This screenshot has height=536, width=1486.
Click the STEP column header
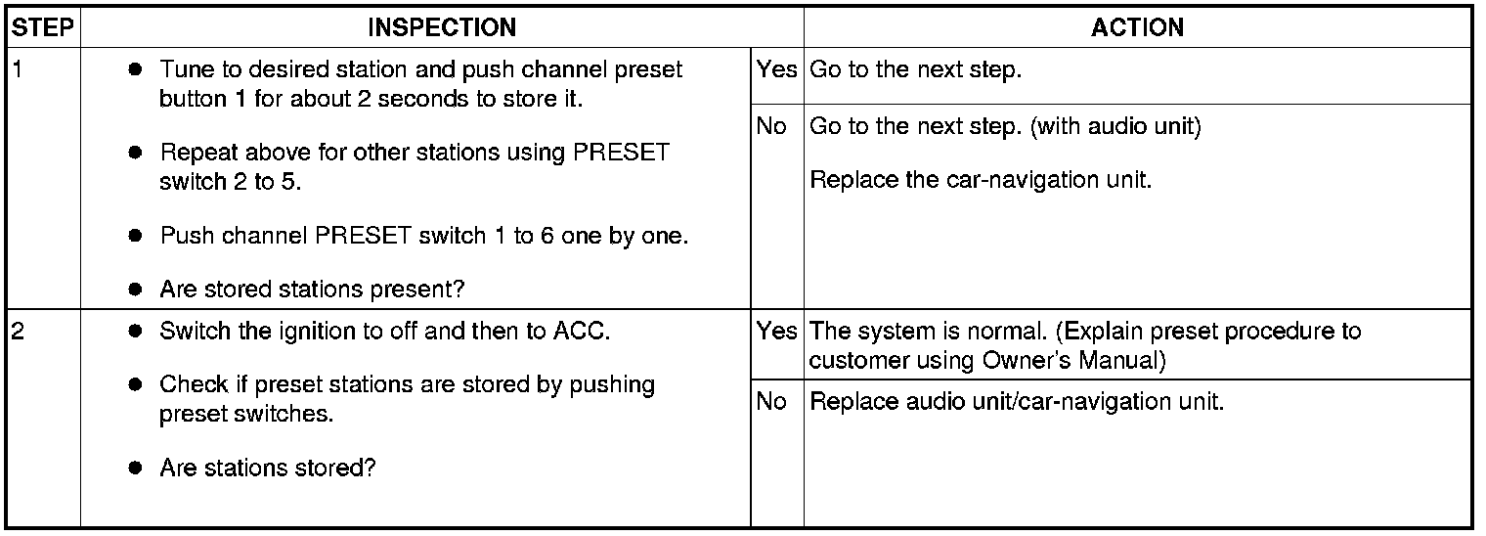43,28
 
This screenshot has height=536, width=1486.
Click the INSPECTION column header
442,28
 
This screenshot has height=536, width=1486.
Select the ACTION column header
1137,28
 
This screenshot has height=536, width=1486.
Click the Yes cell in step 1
776,71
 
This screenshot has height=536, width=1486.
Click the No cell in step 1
771,127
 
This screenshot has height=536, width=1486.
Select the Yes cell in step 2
776,332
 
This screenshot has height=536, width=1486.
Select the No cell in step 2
771,402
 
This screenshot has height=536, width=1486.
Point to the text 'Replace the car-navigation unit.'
982,181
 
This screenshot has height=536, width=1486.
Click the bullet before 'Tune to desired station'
136,70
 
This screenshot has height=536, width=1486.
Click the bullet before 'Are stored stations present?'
136,290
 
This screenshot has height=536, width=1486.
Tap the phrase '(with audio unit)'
1115,127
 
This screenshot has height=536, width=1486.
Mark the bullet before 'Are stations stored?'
136,469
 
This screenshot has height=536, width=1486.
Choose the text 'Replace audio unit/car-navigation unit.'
1017,402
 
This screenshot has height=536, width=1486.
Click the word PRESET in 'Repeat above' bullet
622,154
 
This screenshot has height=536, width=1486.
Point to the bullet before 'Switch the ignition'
136,332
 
